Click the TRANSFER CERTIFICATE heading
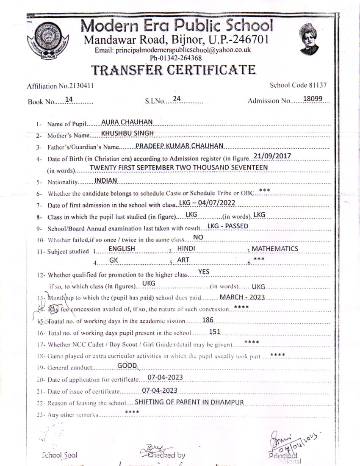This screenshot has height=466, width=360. pos(174,70)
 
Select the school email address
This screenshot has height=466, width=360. pos(173,50)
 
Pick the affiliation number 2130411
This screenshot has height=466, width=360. pos(79,86)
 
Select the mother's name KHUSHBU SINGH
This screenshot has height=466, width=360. pos(127,133)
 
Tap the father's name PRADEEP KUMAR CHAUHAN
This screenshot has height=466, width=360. pos(179,146)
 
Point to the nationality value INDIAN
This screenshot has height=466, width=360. pos(105,180)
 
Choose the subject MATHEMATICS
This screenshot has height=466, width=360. pos(274,249)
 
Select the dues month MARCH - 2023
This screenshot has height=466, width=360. pos(242,297)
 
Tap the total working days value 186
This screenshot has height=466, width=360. pos(208,320)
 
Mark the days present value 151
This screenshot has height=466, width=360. pos(215,332)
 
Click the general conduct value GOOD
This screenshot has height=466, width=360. pos(127,366)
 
